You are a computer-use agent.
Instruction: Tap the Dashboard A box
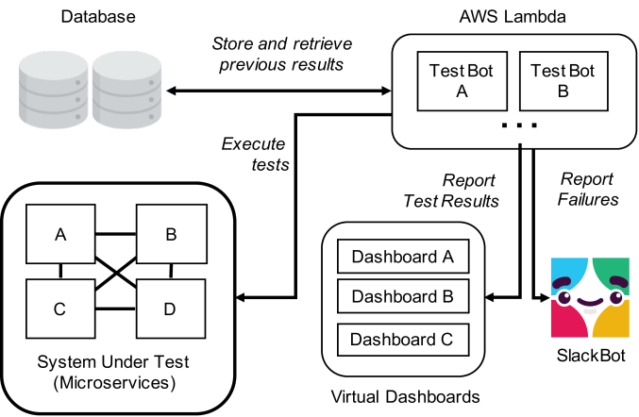coord(403,256)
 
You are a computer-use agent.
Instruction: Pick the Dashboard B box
coord(403,296)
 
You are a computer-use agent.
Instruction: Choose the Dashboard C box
coord(403,337)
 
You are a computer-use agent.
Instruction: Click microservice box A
coord(61,234)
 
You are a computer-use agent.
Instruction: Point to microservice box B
coord(171,234)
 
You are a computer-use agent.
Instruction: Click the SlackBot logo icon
coord(590,296)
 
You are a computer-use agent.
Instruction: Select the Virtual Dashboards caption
coord(403,395)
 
